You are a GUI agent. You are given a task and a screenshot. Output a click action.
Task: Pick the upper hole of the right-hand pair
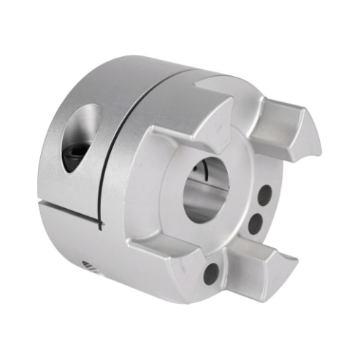coord(264,195)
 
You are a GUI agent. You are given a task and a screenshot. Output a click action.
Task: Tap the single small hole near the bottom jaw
coord(210,272)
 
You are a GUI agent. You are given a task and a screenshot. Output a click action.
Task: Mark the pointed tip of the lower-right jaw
coord(298,256)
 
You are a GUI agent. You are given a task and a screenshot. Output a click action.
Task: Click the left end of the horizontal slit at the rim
coord(38,197)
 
